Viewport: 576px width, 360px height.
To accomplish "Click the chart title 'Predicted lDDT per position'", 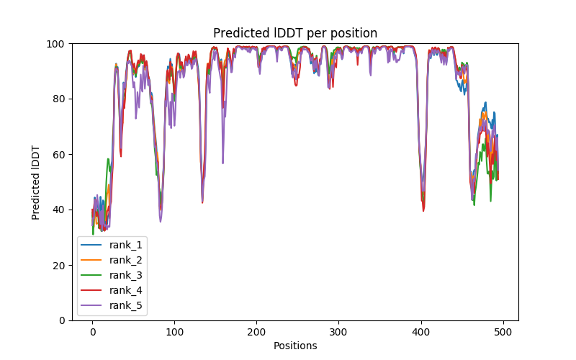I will point(295,33).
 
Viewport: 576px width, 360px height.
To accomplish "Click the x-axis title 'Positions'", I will point(295,346).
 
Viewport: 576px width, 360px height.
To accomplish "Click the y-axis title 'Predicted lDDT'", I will point(36,182).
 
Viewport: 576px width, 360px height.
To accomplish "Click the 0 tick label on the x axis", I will point(92,332).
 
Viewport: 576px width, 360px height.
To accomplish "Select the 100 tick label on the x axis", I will point(174,332).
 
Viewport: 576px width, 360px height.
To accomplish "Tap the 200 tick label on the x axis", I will point(256,332).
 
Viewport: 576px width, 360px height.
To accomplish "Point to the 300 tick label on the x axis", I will point(338,332).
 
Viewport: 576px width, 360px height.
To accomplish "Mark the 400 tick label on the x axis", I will point(420,332).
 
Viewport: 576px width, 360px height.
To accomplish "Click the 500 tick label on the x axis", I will point(503,332).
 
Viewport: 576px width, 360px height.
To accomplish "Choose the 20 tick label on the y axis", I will point(59,265).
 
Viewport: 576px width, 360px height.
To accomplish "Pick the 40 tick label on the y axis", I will point(59,210).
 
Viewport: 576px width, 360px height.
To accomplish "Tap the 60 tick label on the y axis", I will point(59,154).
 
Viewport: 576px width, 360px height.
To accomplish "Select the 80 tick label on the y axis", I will point(59,99).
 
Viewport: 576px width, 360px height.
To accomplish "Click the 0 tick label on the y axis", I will point(62,320).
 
